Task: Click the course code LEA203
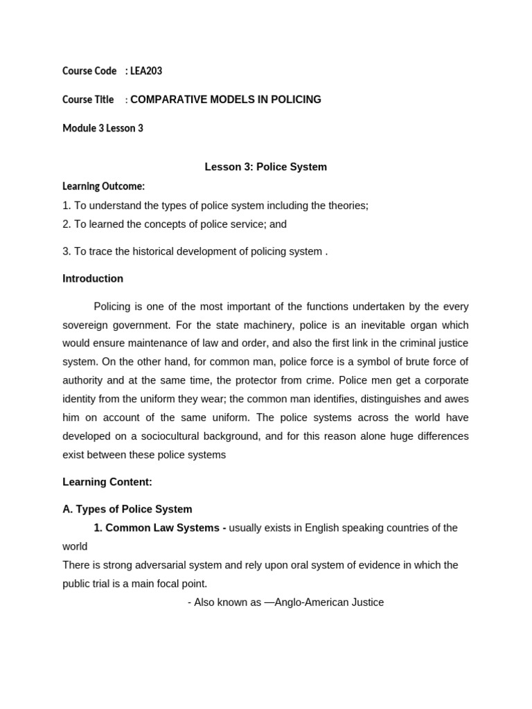pos(146,71)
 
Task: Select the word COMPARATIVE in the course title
pos(164,100)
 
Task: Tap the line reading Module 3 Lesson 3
pos(103,128)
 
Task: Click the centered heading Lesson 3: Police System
pos(265,167)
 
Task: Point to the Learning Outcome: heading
pos(103,186)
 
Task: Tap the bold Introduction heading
pos(93,279)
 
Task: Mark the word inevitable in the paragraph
pos(348,325)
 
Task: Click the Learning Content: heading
pos(107,482)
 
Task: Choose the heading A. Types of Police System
pos(127,510)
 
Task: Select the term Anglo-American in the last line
pos(310,602)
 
